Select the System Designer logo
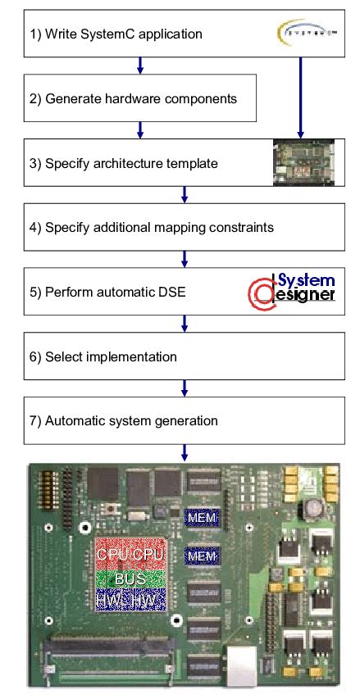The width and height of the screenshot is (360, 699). (x=292, y=291)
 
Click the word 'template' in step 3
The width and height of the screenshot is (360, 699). (x=192, y=163)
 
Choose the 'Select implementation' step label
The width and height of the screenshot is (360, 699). (x=111, y=356)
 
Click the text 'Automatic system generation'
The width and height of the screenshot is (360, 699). (x=131, y=421)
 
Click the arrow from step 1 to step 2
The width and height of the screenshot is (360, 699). (x=141, y=66)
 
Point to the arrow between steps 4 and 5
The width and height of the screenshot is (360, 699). (x=185, y=259)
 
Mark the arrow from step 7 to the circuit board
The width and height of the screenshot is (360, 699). (x=185, y=452)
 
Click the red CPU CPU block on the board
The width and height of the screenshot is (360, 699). (x=131, y=555)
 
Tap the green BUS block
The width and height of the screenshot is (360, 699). (x=131, y=579)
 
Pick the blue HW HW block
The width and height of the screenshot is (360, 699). (x=131, y=601)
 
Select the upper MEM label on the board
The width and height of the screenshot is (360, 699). (x=202, y=518)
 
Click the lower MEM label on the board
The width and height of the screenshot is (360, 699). (x=202, y=557)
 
